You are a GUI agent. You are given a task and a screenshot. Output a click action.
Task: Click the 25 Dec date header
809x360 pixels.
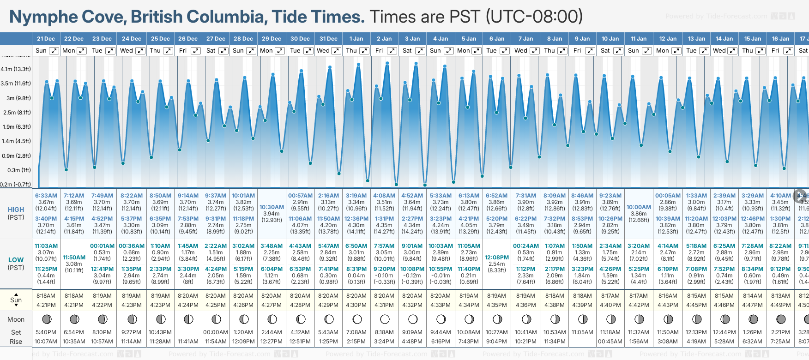point(160,39)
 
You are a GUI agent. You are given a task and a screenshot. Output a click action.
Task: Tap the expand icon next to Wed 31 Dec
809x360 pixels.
point(336,51)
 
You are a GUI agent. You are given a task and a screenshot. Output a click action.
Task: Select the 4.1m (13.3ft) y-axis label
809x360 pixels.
point(16,69)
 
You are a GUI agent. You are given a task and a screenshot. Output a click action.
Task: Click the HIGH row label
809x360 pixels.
point(16,210)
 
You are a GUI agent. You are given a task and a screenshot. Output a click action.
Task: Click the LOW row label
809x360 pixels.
point(16,260)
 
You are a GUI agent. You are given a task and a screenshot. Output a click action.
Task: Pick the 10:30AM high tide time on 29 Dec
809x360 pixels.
point(272,207)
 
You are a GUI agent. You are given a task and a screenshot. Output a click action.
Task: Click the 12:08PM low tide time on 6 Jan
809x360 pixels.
point(497,258)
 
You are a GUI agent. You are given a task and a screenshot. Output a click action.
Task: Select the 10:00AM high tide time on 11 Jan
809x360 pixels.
point(639,207)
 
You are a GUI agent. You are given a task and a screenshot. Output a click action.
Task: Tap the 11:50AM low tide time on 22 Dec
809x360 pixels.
point(74,258)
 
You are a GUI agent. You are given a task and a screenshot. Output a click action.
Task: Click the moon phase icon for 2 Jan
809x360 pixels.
point(385,319)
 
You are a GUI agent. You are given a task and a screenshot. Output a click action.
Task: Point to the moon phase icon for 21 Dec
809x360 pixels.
point(46,319)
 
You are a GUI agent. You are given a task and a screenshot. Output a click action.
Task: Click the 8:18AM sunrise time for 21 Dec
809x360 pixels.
point(46,296)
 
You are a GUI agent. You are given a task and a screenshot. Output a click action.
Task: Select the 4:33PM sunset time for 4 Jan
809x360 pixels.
point(441,305)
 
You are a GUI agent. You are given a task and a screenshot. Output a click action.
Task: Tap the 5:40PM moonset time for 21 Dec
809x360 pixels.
point(46,332)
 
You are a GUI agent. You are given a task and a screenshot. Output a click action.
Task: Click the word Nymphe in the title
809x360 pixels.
point(44,17)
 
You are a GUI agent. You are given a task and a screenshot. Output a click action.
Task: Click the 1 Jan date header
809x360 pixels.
point(356,39)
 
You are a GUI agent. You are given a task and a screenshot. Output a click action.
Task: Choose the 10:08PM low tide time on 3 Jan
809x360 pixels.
point(412,269)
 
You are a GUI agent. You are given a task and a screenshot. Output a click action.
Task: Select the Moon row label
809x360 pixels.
point(16,319)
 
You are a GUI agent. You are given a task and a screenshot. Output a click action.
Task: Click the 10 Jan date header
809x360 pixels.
point(610,39)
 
